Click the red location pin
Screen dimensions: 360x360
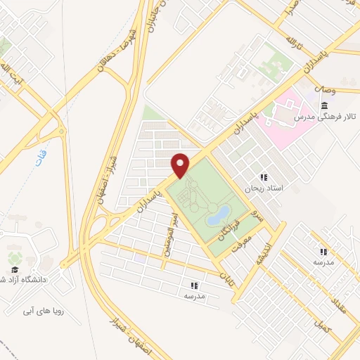click(181, 164)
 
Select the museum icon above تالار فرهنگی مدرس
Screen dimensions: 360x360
click(323, 106)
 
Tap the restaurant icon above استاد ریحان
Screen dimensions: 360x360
click(264, 176)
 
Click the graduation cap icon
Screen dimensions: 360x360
click(13, 269)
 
